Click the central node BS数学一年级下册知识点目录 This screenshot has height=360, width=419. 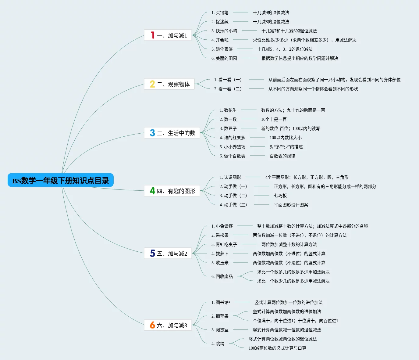coord(60,180)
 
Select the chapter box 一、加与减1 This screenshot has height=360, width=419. coord(168,35)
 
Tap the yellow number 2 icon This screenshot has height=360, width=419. coord(152,84)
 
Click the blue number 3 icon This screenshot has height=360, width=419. coord(152,133)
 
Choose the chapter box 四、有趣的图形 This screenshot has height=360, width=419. coord(172,191)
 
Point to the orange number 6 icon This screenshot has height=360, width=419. coord(152,325)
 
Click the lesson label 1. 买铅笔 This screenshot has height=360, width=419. coord(220,13)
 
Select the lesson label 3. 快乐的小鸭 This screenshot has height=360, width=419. coord(224,31)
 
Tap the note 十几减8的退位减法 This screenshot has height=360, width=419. coord(271,22)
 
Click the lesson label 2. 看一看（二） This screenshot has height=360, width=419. coord(228,89)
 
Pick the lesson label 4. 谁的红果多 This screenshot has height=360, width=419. coord(232,138)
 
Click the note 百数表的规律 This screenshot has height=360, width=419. coord(282,156)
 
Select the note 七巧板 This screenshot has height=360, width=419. coord(280,196)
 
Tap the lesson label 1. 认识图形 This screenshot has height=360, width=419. coord(230,177)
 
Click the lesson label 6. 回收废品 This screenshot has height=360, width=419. coord(222,276)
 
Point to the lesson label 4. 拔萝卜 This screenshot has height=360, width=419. coord(220,254)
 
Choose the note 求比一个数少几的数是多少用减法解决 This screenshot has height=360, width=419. coord(293,281)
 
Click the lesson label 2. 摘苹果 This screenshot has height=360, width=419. coord(220,316)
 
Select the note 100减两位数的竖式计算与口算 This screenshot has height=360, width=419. coord(277,348)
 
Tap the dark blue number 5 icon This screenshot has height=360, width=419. coord(152,253)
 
